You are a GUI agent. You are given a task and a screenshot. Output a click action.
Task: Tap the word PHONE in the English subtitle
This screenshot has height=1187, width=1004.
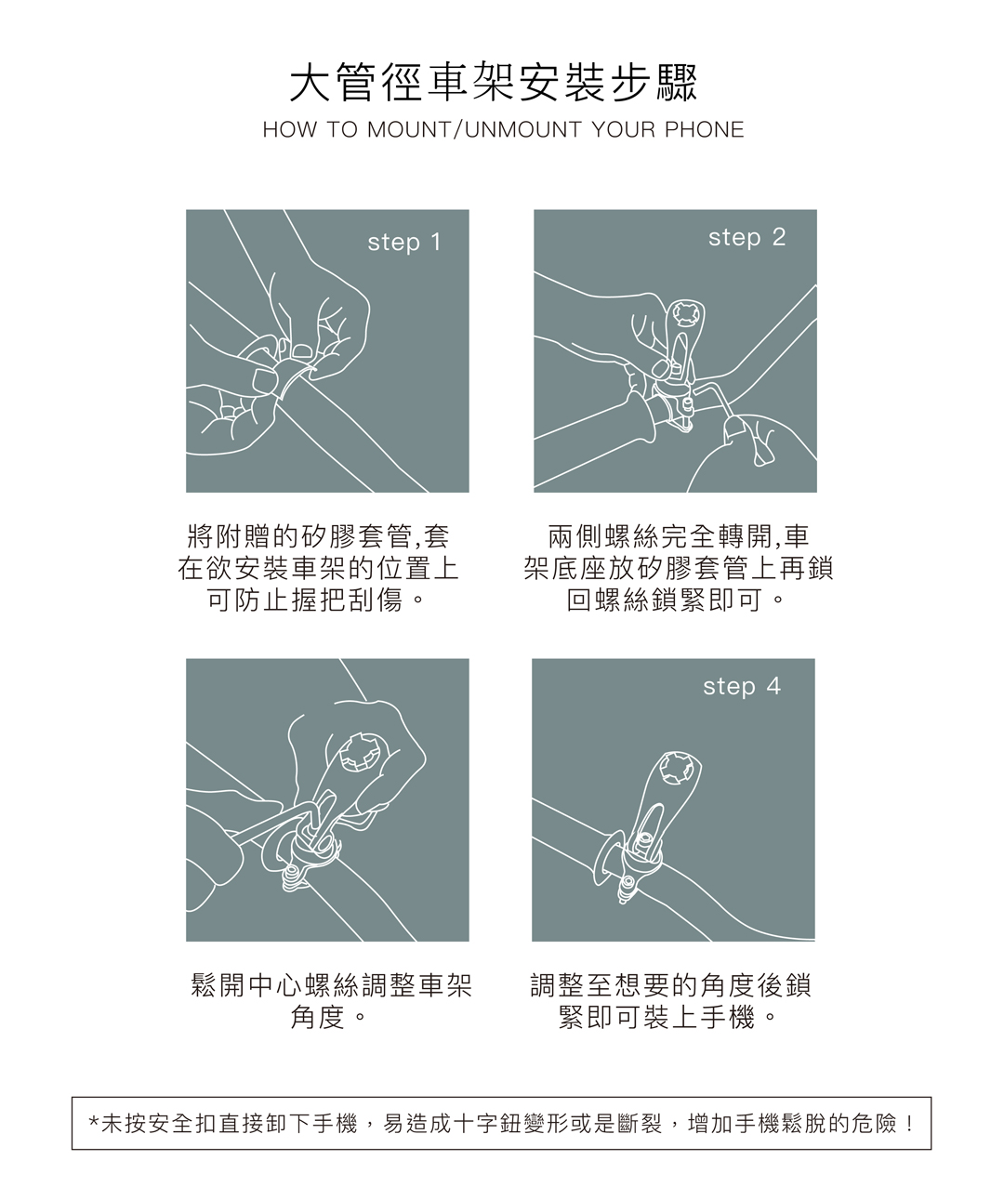pos(704,130)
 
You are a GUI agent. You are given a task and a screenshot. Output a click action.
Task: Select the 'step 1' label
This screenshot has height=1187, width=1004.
pos(404,242)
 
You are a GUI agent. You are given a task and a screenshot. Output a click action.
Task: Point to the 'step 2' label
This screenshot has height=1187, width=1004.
pos(746,237)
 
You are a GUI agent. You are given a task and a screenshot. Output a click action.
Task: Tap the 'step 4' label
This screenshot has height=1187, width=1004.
pos(742,686)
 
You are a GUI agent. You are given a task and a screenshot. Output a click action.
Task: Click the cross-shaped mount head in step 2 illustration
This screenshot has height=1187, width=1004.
pos(685,313)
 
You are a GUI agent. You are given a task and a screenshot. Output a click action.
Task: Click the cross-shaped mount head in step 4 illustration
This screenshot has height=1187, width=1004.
pos(678,767)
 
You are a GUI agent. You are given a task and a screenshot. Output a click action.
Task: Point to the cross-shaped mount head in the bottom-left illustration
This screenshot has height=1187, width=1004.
pos(360,752)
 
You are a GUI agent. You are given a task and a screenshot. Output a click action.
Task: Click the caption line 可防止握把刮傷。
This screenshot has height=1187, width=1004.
pos(315,600)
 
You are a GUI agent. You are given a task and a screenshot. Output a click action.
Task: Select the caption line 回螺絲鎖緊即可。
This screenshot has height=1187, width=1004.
pos(676,600)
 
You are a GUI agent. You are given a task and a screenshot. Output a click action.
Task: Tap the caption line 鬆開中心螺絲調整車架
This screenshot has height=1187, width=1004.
pos(331,985)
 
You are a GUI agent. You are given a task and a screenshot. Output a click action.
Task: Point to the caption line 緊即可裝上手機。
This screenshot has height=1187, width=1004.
pos(667,1018)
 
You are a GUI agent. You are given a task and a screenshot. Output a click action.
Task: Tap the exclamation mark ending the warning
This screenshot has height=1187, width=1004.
pos(908,1124)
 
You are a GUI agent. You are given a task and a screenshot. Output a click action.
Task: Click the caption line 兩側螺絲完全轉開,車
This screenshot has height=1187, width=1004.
pos(679,536)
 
